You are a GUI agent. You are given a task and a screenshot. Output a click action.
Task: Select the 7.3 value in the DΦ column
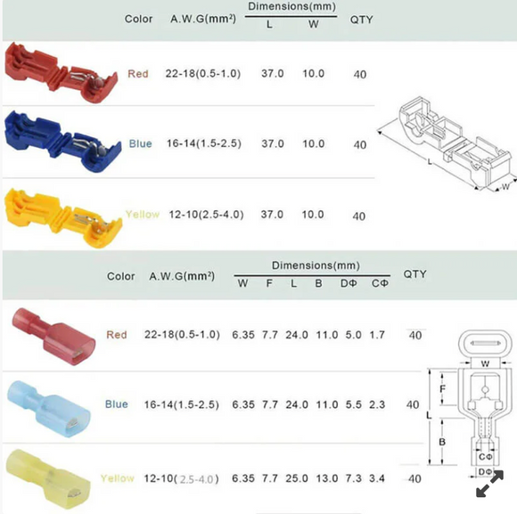click(x=353, y=478)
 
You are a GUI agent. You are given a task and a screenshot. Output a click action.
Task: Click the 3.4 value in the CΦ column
click(x=379, y=478)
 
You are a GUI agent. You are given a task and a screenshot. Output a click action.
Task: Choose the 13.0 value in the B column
click(x=326, y=478)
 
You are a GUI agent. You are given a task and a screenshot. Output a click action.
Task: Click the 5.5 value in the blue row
click(x=353, y=404)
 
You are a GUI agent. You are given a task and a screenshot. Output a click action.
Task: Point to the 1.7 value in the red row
click(x=379, y=335)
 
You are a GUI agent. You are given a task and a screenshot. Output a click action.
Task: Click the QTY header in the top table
click(x=361, y=19)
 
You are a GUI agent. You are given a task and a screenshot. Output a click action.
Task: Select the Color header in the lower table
click(x=121, y=276)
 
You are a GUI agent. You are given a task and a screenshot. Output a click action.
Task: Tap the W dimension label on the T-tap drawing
click(x=505, y=186)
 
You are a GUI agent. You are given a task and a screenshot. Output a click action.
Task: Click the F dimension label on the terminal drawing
click(x=443, y=388)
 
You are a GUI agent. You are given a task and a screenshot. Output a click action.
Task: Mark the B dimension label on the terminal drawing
click(x=443, y=439)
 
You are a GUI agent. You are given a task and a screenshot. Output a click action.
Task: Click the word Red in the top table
click(x=138, y=74)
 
